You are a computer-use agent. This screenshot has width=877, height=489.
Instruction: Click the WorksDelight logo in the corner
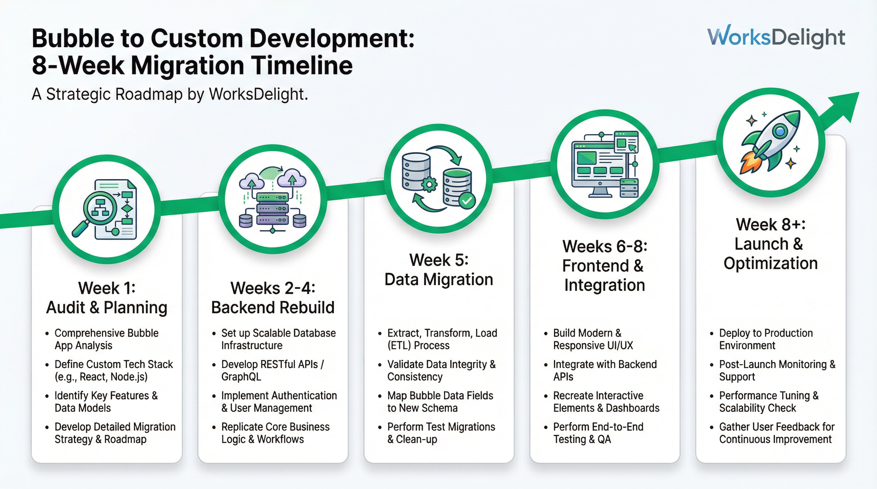pyautogui.click(x=776, y=36)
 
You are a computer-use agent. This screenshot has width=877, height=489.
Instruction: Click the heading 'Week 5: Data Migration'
pyautogui.click(x=438, y=270)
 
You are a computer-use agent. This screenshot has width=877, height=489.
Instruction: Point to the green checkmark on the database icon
pyautogui.click(x=467, y=201)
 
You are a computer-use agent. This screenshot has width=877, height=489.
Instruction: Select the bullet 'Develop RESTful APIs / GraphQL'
pyautogui.click(x=272, y=370)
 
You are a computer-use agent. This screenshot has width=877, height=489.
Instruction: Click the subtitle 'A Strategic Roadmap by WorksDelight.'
pyautogui.click(x=170, y=94)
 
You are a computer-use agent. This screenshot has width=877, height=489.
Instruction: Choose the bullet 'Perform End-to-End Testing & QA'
pyautogui.click(x=598, y=433)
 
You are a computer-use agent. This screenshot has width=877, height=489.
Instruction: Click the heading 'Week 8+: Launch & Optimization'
pyautogui.click(x=771, y=244)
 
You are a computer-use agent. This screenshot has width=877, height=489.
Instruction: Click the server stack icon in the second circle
pyautogui.click(x=272, y=209)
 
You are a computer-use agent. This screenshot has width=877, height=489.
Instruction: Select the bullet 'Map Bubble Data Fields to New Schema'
pyautogui.click(x=440, y=401)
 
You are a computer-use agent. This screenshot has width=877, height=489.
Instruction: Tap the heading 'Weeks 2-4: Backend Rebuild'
pyautogui.click(x=273, y=298)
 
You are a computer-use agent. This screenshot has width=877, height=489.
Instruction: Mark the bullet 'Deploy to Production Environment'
pyautogui.click(x=766, y=339)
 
